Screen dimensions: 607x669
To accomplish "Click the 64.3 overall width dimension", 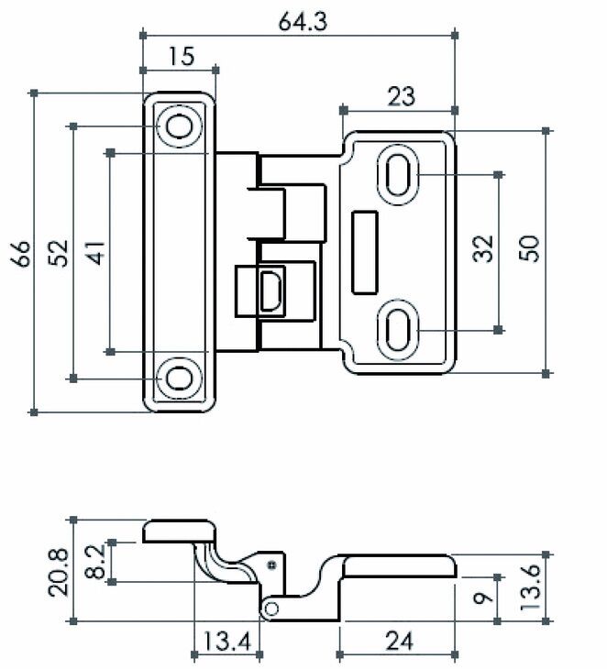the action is [x=303, y=21].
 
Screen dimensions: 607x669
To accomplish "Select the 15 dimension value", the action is [x=182, y=56].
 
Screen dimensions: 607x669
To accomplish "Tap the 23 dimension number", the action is [x=401, y=96].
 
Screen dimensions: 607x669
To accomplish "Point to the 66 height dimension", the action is [x=21, y=254].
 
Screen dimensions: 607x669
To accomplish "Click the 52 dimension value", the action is [x=59, y=253].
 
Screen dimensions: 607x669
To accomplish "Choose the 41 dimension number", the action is [x=95, y=253].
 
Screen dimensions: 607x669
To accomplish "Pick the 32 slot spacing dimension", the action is [x=483, y=248].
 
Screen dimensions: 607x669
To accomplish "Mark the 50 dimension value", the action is [x=530, y=248].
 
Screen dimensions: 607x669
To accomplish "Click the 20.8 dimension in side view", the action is [x=58, y=572].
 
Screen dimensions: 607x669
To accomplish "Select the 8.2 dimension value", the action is [x=94, y=562].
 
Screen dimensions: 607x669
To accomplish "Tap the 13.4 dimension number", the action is [x=226, y=641].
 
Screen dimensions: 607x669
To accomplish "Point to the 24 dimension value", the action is [x=400, y=641].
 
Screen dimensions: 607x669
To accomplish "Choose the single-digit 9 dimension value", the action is [x=483, y=598].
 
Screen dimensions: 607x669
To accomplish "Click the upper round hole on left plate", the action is [x=179, y=126].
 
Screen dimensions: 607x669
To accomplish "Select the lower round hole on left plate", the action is [x=179, y=378].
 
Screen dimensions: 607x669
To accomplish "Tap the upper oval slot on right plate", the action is [x=398, y=175].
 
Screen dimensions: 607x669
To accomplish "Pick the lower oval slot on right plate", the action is [x=398, y=330].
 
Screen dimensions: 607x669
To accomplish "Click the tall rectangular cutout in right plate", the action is [x=365, y=253].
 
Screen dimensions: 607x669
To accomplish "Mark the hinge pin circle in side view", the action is [x=270, y=609].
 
